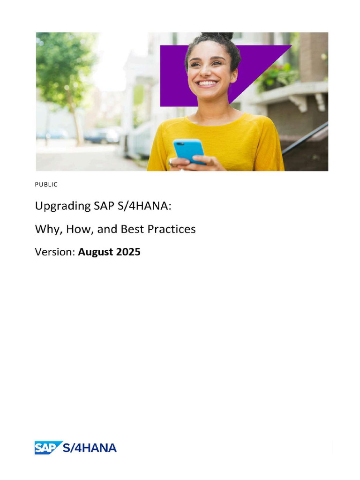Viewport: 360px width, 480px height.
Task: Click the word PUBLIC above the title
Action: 46,185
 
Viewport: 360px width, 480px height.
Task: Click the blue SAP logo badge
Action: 48,448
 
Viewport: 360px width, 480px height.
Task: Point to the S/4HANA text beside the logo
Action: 90,448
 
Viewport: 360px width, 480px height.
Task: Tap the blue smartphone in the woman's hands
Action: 189,150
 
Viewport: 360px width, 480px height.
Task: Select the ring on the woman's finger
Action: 171,163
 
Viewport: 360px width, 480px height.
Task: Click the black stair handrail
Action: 305,138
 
